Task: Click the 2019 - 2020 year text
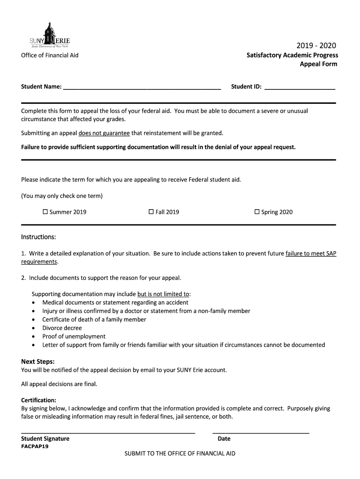coord(316,45)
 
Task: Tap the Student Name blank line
coord(142,87)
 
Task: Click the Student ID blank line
coord(300,87)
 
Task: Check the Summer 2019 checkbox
coord(45,212)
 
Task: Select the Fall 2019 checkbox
coord(151,212)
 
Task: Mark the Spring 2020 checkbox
coord(257,212)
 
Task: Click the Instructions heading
coord(39,237)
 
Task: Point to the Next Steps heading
coord(38,362)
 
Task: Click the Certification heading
coord(39,400)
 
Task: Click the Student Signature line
coord(108,432)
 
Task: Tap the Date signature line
coord(261,432)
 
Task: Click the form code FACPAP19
coord(35,446)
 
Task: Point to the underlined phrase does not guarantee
coord(104,133)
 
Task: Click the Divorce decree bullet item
coord(62,328)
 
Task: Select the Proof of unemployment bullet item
coord(74,336)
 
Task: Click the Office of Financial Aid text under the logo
coord(50,55)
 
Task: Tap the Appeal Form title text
coord(318,64)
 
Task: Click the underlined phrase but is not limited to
coord(163,294)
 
